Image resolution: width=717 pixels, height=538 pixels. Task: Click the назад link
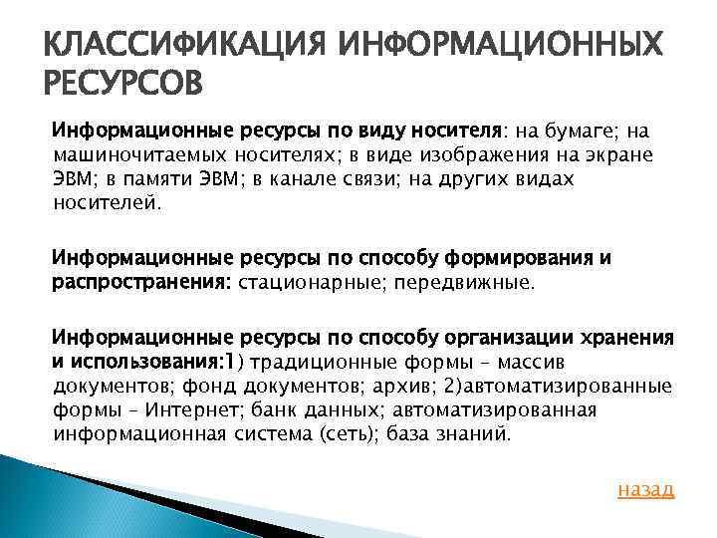(x=645, y=489)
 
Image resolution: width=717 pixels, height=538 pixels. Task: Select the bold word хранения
(x=633, y=338)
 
